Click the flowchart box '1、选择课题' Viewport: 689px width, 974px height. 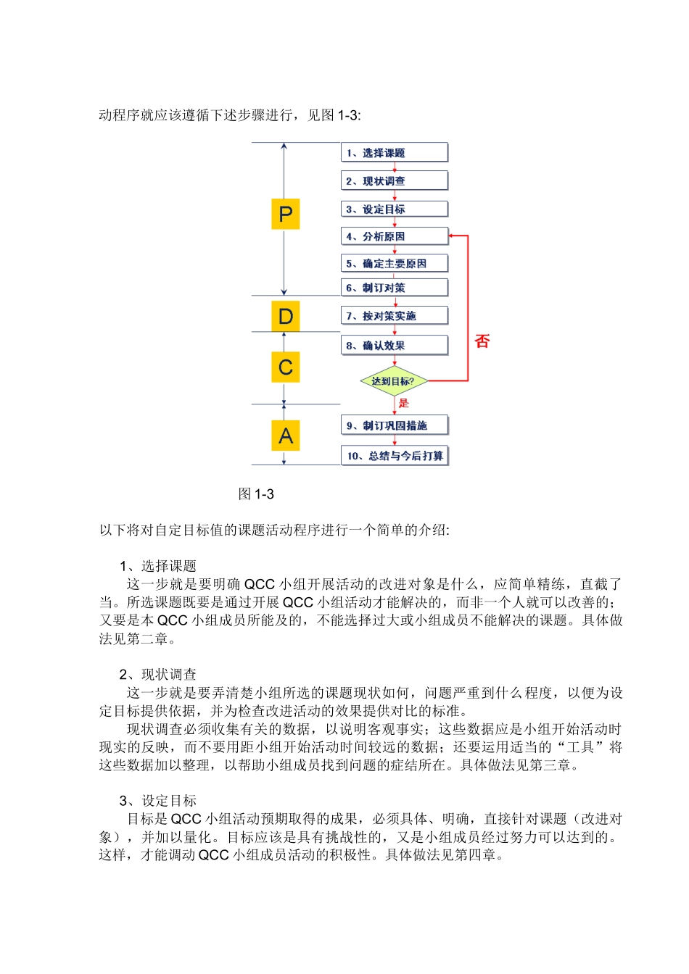394,153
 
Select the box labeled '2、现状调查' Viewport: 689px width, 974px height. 394,181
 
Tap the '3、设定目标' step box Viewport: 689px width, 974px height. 394,209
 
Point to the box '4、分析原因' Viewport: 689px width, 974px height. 394,236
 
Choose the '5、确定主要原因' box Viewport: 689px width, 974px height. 394,264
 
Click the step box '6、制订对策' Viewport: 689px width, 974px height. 394,288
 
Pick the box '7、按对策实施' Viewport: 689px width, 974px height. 394,316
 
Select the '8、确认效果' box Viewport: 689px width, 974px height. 394,346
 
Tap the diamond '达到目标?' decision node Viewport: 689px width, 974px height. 394,381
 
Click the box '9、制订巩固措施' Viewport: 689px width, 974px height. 394,425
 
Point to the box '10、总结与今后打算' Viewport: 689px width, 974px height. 394,456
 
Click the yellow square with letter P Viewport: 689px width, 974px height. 286,214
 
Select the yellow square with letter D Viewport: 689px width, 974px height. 286,317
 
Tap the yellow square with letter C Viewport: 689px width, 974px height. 286,367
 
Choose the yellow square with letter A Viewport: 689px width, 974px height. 286,436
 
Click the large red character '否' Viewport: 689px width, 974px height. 482,341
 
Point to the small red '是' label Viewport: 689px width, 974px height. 404,403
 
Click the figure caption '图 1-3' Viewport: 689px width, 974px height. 256,494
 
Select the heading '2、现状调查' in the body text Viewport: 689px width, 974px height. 158,675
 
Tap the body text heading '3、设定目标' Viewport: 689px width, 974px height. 158,801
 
